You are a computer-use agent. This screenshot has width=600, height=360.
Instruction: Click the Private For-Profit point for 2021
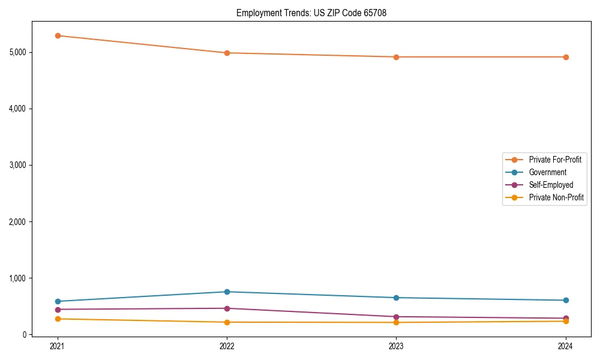58,35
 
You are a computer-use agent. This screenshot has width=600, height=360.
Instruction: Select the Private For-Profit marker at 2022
227,53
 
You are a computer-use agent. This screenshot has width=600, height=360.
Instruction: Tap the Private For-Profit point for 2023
397,57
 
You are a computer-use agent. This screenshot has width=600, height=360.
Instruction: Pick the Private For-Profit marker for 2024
566,57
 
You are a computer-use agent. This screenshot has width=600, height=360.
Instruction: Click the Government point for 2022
227,292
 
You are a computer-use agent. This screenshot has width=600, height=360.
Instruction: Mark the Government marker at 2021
58,301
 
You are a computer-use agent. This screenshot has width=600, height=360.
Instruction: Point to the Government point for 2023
397,298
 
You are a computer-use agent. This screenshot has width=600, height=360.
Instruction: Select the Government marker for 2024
566,300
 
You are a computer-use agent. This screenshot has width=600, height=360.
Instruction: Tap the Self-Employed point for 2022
227,308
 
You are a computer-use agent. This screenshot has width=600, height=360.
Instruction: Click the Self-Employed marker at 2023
397,317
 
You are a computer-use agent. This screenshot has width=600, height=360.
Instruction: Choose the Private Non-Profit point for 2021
58,319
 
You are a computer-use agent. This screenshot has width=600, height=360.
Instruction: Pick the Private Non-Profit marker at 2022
227,322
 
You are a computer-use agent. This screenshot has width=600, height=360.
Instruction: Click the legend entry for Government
547,172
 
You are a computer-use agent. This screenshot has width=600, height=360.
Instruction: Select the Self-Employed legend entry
551,185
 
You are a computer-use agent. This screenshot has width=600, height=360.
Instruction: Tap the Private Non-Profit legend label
556,197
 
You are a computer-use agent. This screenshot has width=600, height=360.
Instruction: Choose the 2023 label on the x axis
397,346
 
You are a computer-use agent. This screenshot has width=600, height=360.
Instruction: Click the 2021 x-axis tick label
58,346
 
